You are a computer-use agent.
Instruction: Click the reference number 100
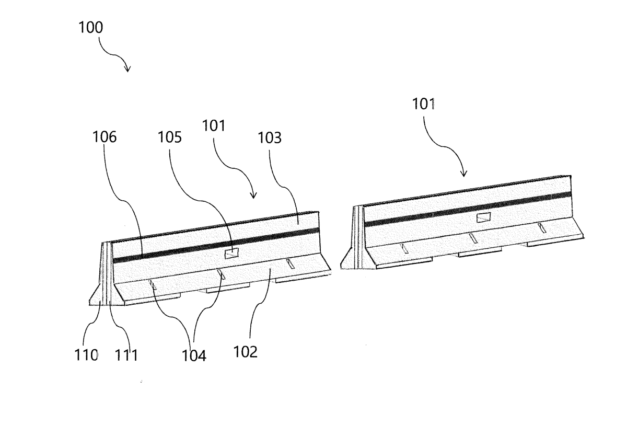coord(91,27)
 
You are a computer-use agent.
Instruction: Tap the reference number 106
coord(104,137)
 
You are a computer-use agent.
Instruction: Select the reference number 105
coord(170,137)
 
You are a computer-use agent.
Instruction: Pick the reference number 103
coord(269,138)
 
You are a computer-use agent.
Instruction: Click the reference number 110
coord(86,355)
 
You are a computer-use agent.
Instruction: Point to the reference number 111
coord(126,355)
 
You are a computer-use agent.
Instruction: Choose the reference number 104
coord(194,356)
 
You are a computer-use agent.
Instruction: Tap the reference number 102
coord(245,352)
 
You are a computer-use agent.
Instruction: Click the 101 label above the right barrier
coord(424,104)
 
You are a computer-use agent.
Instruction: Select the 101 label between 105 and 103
coord(214,125)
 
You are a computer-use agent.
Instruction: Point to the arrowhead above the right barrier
coord(464,174)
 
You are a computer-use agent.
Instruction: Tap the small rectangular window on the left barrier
coord(232,254)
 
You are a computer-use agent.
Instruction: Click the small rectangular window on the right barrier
coord(484,217)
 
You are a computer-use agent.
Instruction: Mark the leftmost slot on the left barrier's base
coord(153,285)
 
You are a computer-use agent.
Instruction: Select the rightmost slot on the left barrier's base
coord(290,265)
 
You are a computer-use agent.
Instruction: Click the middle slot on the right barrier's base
coord(473,238)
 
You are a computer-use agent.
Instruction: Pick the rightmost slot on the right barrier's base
coord(542,228)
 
